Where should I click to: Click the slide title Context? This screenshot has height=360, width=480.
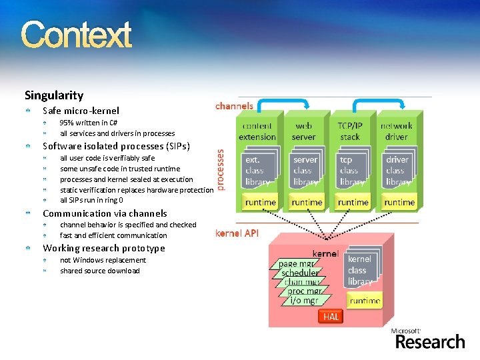(x=76, y=35)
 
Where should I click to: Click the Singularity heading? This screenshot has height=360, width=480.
(x=54, y=95)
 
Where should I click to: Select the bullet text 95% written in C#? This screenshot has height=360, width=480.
(x=89, y=123)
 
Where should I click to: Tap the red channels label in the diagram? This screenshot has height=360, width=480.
(x=234, y=105)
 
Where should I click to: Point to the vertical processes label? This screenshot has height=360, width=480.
(x=221, y=169)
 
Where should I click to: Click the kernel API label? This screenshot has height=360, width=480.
(x=237, y=233)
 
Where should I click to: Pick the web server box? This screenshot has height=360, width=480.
(x=304, y=131)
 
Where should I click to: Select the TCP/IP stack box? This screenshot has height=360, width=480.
(x=350, y=131)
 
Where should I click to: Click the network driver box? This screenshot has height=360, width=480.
(x=396, y=131)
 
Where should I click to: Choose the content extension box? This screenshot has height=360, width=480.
(x=257, y=131)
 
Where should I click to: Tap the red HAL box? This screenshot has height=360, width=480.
(x=331, y=317)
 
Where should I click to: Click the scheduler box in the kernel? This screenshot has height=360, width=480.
(x=300, y=273)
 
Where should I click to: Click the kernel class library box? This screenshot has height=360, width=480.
(x=360, y=270)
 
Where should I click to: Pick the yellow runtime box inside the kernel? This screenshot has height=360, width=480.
(x=365, y=301)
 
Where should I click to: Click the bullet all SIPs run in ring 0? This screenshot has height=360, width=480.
(x=91, y=200)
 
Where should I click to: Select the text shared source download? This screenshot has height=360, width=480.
(x=100, y=271)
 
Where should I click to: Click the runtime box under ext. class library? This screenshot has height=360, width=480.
(x=260, y=202)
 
